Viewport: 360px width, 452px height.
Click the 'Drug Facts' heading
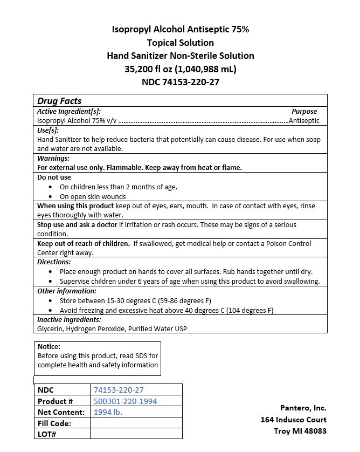[59, 101]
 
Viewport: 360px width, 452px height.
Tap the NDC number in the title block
[180, 83]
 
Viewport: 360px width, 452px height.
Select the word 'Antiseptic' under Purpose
[304, 121]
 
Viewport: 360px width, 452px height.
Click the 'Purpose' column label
[304, 111]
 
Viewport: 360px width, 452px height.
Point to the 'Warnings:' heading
[53, 159]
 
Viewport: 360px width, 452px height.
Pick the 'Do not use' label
[54, 177]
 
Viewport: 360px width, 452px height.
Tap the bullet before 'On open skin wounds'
[51, 197]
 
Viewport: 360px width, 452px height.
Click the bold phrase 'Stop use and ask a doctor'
[77, 224]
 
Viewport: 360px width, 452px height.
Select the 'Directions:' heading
[54, 262]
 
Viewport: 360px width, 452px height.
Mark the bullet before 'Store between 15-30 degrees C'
[51, 301]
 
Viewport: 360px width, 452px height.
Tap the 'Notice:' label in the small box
[49, 347]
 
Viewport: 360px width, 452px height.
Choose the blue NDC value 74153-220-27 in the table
[119, 390]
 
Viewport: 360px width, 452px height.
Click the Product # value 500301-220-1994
[126, 401]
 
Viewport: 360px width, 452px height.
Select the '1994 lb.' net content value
[108, 412]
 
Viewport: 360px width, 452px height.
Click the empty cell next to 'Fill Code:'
[136, 423]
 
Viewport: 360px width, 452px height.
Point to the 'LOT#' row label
[47, 434]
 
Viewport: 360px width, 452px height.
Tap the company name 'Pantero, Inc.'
[303, 408]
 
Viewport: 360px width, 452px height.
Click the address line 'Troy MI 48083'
[300, 431]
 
